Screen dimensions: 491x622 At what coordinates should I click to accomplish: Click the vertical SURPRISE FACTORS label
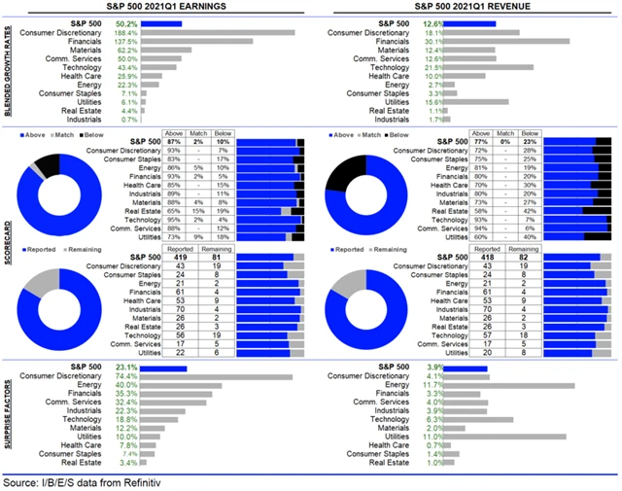8,413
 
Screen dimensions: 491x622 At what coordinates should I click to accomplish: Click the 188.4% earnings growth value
125,32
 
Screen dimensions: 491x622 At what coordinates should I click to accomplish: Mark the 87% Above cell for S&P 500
175,142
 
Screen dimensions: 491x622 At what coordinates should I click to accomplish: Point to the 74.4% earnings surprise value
125,375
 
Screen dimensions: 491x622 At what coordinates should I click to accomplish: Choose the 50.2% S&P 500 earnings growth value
125,23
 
